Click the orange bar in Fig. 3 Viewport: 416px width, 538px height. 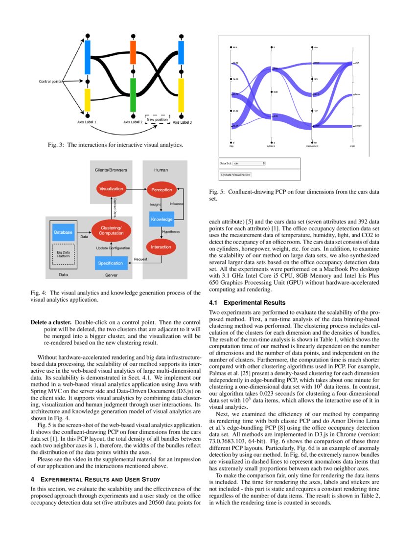coord(133,53)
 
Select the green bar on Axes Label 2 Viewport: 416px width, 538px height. coord(133,95)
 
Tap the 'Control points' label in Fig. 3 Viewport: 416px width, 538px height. coord(50,81)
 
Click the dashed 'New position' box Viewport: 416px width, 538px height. coord(157,120)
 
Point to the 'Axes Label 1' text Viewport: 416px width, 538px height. coord(87,122)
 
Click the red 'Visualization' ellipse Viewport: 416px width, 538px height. coord(111,188)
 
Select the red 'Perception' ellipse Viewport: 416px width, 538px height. coord(162,189)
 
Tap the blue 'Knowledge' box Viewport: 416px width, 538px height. coord(161,220)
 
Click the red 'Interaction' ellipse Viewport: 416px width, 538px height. coord(161,247)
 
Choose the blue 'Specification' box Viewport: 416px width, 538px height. coord(111,263)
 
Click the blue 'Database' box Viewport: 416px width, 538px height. coord(63,232)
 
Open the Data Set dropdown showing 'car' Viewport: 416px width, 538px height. coord(249,163)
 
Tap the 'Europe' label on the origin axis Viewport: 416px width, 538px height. coord(358,126)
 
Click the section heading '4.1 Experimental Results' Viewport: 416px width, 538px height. coord(247,303)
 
